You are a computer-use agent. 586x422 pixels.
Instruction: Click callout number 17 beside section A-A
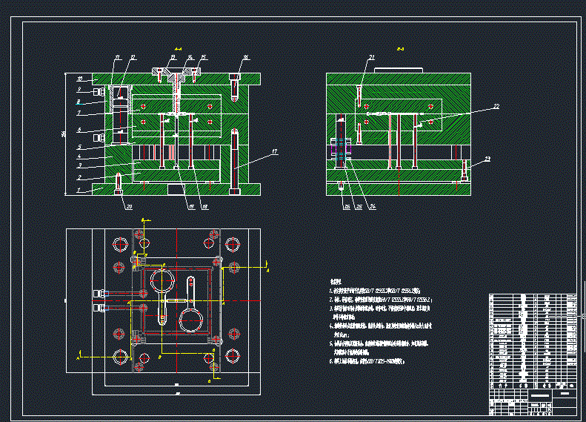(x=274, y=152)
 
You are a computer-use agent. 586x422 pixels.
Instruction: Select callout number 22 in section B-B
(x=496, y=107)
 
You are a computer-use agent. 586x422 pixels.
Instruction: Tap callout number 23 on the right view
(x=487, y=159)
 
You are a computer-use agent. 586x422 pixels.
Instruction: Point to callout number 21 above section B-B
(x=372, y=57)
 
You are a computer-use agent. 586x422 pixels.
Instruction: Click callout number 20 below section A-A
(x=129, y=206)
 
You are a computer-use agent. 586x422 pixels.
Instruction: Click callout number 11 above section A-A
(x=117, y=57)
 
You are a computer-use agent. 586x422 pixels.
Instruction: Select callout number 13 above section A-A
(x=173, y=57)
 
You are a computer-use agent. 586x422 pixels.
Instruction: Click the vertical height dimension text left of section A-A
(x=66, y=133)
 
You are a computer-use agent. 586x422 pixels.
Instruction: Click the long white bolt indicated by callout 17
(x=236, y=162)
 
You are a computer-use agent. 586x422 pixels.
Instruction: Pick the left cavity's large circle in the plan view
(x=163, y=282)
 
